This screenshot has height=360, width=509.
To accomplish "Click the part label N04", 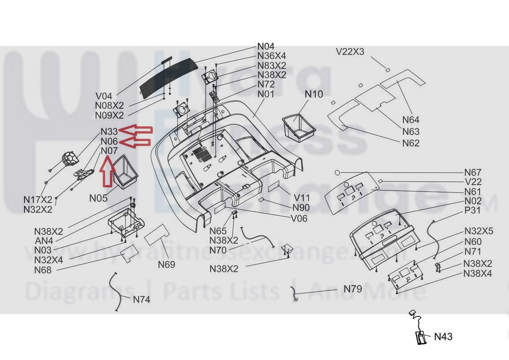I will [266, 46].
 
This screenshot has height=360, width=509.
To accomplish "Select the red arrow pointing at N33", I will [136, 130].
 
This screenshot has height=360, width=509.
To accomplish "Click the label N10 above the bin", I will [314, 94].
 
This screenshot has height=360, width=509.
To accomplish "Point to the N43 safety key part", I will [420, 337].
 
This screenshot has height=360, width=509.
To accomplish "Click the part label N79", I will [353, 289].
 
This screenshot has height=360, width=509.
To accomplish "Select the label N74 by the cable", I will [141, 299].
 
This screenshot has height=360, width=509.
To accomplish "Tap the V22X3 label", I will [350, 52].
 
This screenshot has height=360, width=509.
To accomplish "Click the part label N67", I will [472, 172].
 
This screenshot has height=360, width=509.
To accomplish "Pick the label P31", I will [472, 210].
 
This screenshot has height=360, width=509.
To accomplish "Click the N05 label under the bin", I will [98, 198].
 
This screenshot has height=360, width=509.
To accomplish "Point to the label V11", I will [302, 198].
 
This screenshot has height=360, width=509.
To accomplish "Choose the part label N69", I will [166, 265].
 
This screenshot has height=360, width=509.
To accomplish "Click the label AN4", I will [44, 241].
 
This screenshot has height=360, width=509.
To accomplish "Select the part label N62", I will [410, 143].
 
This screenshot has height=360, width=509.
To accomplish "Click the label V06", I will [299, 218].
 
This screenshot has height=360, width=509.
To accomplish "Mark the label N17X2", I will [37, 200].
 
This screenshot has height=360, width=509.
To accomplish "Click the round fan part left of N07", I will [70, 158].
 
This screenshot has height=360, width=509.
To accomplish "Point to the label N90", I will [301, 208].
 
